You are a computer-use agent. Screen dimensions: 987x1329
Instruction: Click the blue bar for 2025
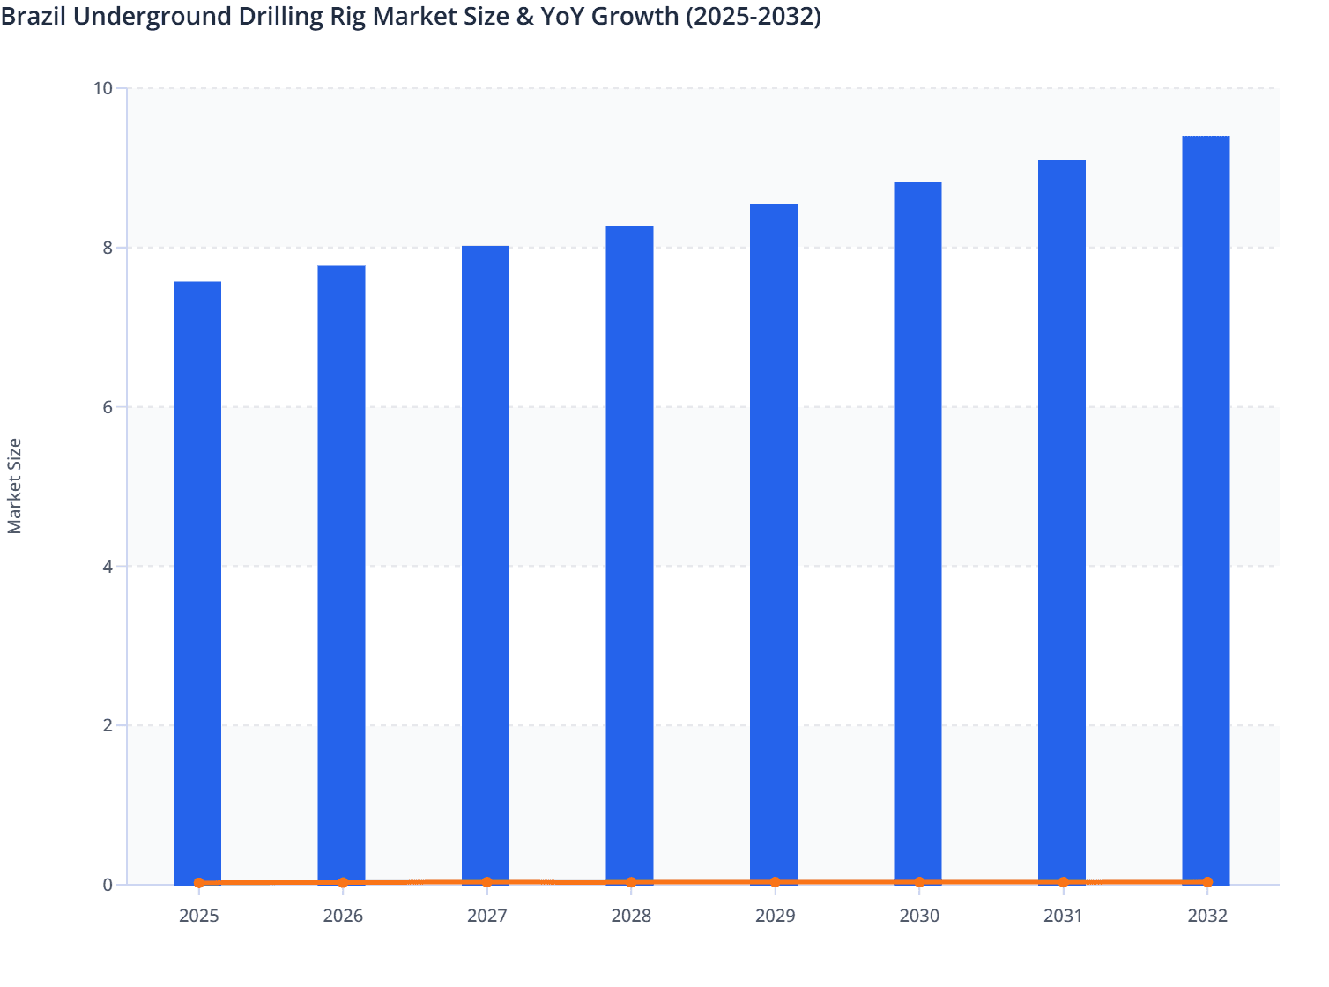(x=197, y=582)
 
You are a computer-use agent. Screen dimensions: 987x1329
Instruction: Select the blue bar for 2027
(x=486, y=564)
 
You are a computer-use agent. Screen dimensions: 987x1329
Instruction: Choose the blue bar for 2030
(x=917, y=532)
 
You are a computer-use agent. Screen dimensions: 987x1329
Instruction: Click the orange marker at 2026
(x=343, y=882)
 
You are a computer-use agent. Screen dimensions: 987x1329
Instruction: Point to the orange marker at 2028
(x=631, y=882)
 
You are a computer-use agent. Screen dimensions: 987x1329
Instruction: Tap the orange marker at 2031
(x=1063, y=882)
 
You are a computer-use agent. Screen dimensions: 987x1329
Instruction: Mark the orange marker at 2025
(x=199, y=882)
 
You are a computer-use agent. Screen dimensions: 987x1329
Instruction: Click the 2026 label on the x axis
(x=343, y=916)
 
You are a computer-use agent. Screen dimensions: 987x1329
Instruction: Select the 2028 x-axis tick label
(x=631, y=916)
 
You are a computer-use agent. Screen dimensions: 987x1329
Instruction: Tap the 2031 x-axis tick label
(x=1063, y=916)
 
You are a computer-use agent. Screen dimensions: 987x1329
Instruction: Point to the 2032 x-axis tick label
(x=1206, y=916)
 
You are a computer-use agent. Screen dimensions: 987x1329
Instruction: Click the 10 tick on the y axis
(x=102, y=88)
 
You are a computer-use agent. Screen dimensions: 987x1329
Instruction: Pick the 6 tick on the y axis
(x=108, y=407)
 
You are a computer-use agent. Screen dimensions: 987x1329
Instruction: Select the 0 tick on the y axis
(x=108, y=885)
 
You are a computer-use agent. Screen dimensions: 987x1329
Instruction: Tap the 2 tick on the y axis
(x=108, y=725)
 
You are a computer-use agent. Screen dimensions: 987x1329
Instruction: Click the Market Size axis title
(x=14, y=486)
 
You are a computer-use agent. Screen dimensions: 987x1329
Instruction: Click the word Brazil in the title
(x=33, y=16)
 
